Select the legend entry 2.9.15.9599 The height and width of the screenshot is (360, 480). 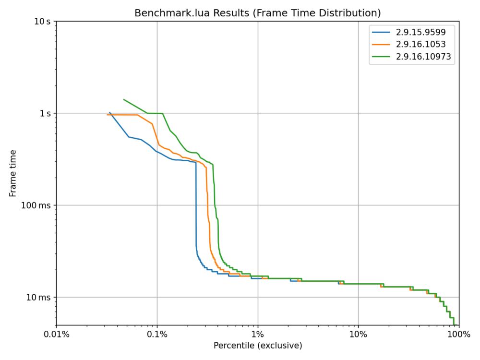point(420,33)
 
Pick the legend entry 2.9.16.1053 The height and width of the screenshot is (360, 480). point(420,45)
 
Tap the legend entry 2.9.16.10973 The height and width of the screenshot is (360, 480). point(423,57)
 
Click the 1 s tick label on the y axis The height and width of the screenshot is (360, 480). point(45,113)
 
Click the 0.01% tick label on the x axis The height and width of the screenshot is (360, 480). point(56,335)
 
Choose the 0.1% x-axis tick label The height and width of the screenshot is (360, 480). point(157,335)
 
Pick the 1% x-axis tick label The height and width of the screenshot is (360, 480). point(258,335)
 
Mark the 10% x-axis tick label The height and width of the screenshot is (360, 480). point(359,335)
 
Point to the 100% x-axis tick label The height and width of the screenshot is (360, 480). point(459,335)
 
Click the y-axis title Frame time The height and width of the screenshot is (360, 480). point(13,173)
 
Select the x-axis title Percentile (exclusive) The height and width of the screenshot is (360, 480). point(258,346)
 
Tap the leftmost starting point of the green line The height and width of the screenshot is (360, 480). point(124,99)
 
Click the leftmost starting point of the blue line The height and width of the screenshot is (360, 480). point(109,112)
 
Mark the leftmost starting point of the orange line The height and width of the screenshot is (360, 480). point(107,115)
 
